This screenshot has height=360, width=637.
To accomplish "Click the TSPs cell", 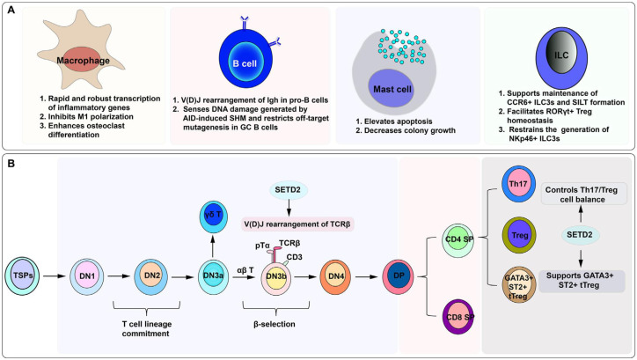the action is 22,276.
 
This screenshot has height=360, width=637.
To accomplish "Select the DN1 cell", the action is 87,276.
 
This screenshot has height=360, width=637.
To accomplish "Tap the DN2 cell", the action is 151,276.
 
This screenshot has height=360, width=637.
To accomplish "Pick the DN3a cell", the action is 213,276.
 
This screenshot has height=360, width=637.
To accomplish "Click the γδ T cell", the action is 213,217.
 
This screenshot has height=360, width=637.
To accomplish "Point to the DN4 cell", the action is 336,277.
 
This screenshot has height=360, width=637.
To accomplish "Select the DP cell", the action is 399,276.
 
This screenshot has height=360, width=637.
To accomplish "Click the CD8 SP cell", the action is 458,317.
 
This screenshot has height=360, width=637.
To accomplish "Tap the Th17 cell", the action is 518,184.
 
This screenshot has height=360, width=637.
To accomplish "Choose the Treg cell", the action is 519,235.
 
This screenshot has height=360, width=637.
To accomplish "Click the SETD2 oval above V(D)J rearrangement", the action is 289,190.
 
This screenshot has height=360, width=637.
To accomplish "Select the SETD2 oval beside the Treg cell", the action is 581,235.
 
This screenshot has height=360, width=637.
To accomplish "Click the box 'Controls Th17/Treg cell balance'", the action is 581,195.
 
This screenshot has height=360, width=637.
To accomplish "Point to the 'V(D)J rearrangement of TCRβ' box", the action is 297,224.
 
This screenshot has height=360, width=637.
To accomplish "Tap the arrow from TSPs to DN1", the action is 55,276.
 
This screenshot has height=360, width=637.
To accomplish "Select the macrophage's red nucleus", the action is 84,60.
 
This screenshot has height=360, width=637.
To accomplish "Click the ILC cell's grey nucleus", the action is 561,55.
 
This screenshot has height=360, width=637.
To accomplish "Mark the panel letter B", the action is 11,164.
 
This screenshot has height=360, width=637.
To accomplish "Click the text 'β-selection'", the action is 275,324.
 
